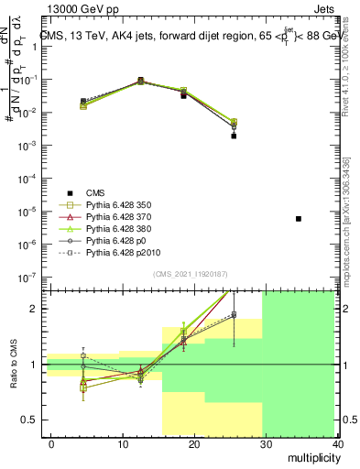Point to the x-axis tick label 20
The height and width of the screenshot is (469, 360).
point(194,444)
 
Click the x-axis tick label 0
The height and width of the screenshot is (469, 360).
point(51,444)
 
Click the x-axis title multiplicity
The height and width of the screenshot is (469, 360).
point(313,457)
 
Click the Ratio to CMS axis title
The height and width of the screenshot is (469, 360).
point(14,363)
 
